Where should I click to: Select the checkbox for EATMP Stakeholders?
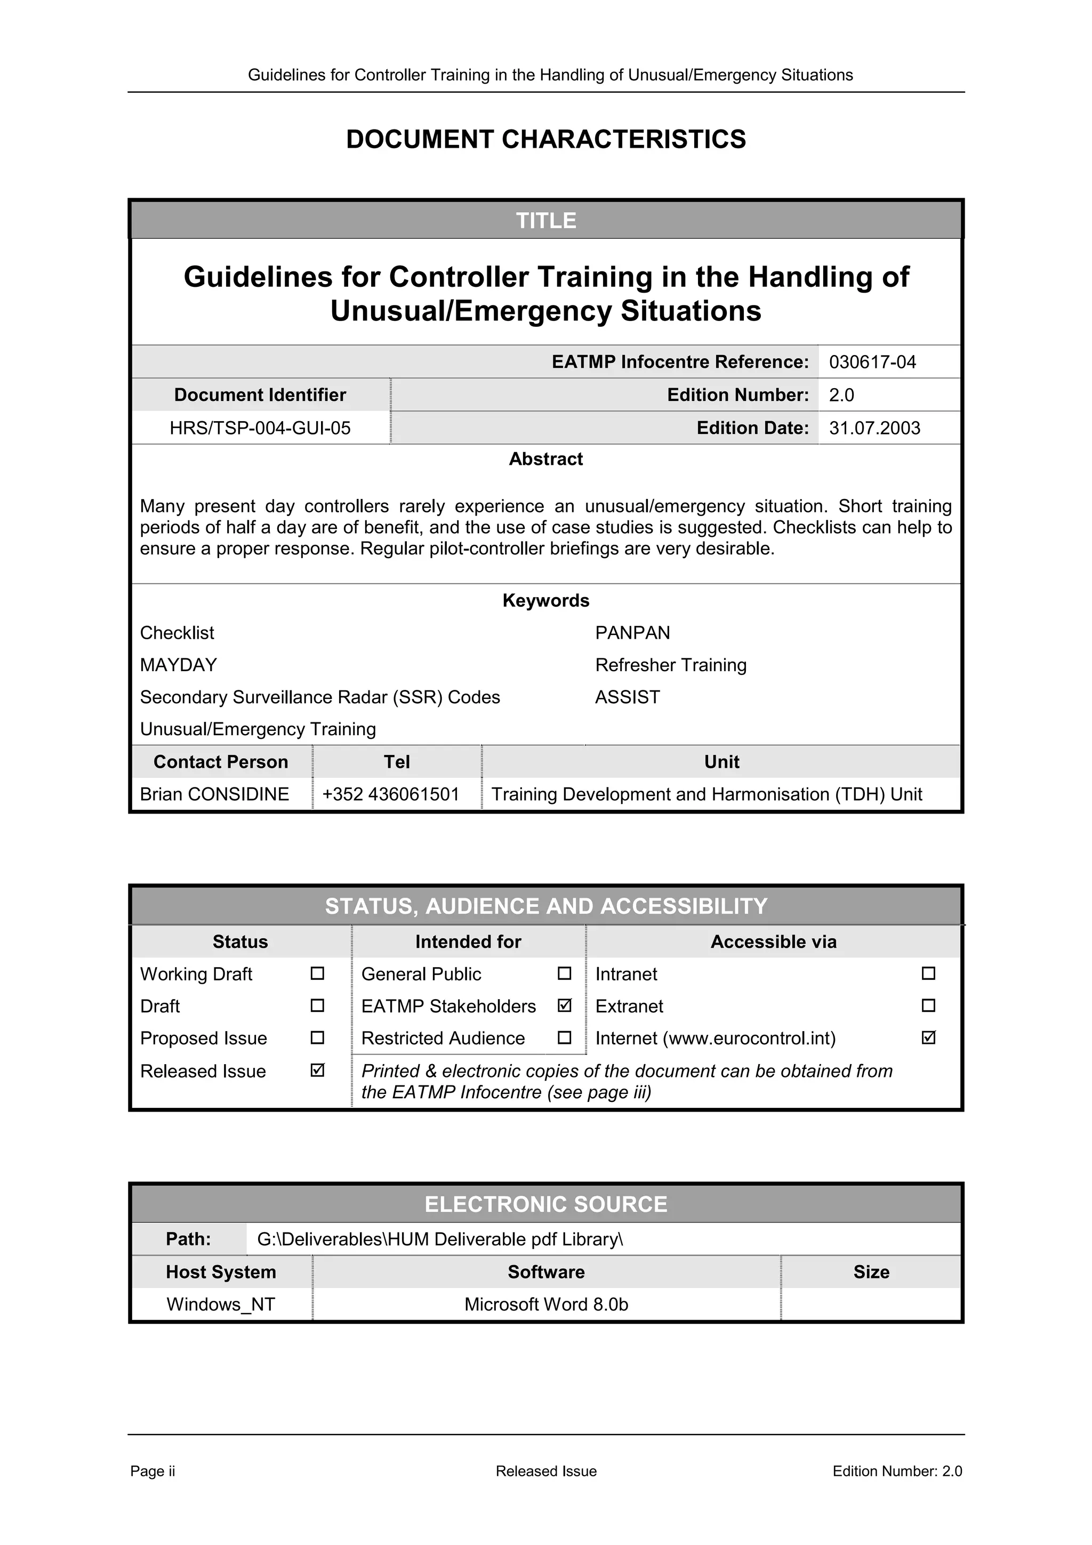(x=565, y=1005)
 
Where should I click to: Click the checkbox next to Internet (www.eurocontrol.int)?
(x=928, y=1037)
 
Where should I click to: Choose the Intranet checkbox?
(x=928, y=973)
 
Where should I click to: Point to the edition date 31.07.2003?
(x=874, y=428)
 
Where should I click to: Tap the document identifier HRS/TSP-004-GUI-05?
(x=260, y=428)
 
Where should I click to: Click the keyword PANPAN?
(x=632, y=632)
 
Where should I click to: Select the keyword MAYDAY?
(x=178, y=665)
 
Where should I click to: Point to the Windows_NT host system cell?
(x=221, y=1304)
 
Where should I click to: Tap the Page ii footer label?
(x=152, y=1471)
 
